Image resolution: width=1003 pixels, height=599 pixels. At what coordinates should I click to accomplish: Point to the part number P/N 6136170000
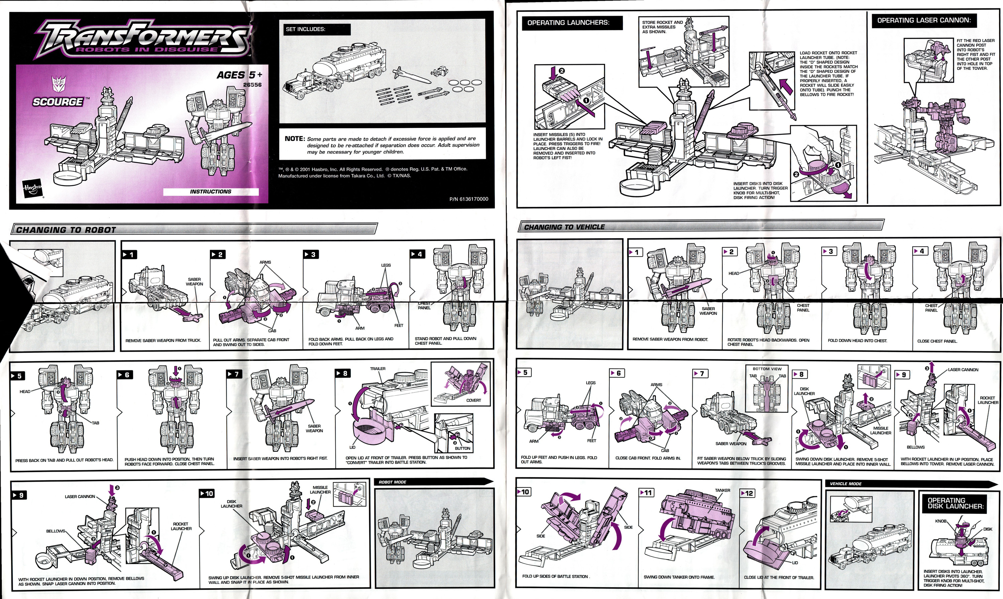point(468,199)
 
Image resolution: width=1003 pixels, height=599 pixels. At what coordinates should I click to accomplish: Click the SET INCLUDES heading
point(306,29)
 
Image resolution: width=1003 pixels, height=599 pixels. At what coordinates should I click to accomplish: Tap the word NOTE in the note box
point(294,138)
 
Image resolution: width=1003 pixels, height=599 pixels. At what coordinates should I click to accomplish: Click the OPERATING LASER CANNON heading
point(924,20)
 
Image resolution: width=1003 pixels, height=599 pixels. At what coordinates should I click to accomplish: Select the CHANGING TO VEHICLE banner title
point(564,227)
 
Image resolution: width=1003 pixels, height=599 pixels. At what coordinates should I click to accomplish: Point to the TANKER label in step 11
point(722,490)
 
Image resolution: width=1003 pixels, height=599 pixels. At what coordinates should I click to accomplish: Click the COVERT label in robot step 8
point(473,400)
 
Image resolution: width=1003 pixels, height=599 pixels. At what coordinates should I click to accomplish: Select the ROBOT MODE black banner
point(392,482)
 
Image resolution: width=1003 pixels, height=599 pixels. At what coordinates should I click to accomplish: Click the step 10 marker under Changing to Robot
point(207,494)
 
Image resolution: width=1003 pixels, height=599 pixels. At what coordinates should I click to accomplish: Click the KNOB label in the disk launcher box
point(940,521)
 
